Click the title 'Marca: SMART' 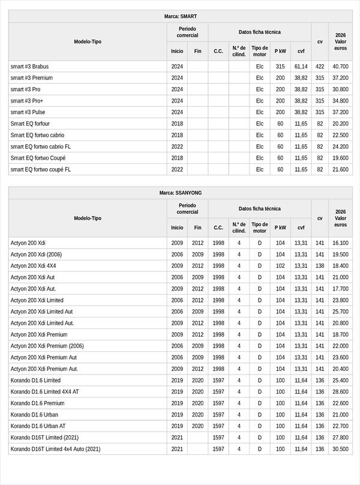point(180,16)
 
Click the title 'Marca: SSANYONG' point(180,193)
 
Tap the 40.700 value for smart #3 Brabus point(340,67)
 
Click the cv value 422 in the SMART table point(320,67)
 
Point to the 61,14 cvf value point(301,67)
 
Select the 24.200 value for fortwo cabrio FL point(340,146)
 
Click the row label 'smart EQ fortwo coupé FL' point(40,169)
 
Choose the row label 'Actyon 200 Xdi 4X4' point(33,266)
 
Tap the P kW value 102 point(280,266)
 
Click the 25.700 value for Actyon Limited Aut point(340,312)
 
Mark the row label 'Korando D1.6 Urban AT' point(39,426)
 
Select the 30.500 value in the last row point(340,449)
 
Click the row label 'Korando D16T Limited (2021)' point(44,438)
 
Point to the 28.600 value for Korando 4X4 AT point(340,392)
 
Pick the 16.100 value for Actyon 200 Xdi point(340,243)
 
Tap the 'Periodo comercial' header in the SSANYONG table point(187,208)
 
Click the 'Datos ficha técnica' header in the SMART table point(259,32)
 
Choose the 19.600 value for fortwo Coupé point(340,158)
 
